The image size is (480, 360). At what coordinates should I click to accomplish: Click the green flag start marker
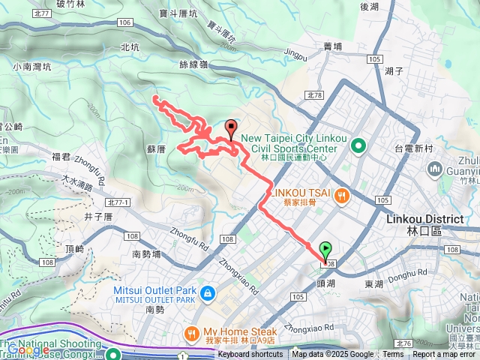tap(326, 251)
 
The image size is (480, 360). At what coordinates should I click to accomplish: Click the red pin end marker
tap(231, 129)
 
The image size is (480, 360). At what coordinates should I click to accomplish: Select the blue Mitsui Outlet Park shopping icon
tap(208, 292)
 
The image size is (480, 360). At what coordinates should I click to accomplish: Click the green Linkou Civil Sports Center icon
tap(358, 145)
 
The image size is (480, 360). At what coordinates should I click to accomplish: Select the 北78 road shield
tap(314, 95)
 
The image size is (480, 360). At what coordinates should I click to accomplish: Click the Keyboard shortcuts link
tap(251, 355)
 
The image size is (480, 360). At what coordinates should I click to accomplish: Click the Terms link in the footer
tap(393, 355)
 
